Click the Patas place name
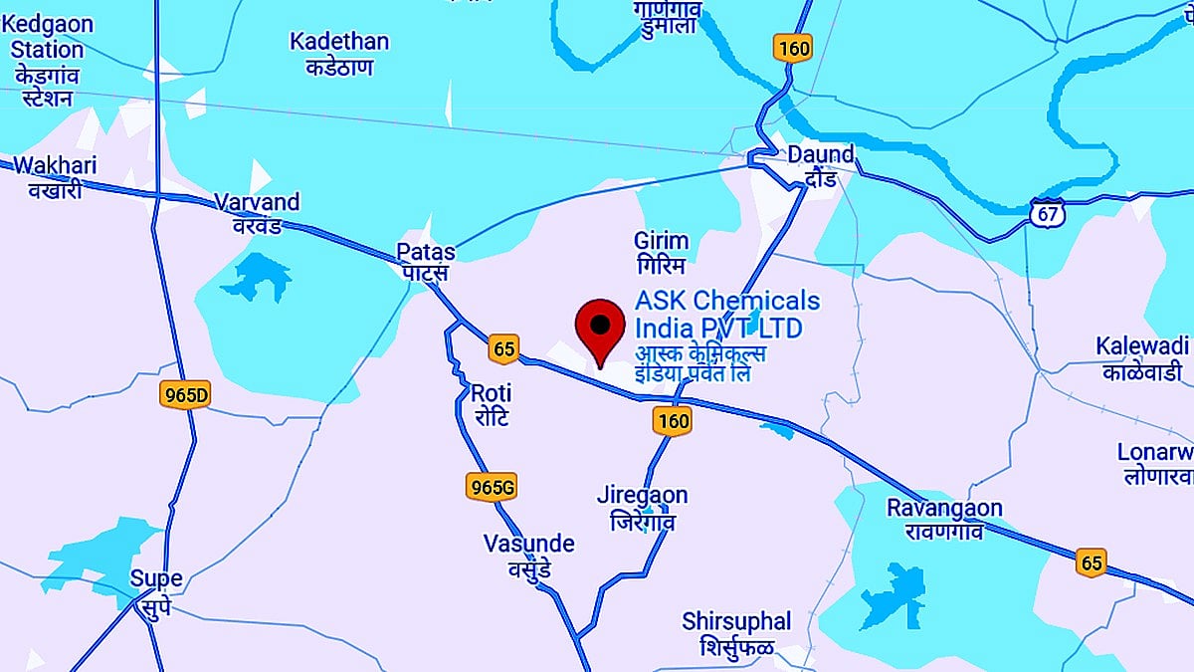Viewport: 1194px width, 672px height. point(425,261)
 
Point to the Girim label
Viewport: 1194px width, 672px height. point(661,253)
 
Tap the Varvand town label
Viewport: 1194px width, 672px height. point(257,213)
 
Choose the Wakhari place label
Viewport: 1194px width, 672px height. point(56,175)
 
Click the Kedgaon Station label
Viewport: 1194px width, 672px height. point(48,61)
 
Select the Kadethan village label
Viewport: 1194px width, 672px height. point(339,54)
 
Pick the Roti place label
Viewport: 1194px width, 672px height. point(491,403)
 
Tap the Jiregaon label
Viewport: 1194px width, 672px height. point(642,507)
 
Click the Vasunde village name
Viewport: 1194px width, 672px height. point(528,556)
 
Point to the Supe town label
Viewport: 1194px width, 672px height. point(156,590)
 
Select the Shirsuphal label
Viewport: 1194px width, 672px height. point(736,633)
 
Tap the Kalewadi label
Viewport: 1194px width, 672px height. point(1142,358)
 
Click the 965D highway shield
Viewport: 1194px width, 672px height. point(185,395)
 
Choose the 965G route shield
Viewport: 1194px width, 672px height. point(491,486)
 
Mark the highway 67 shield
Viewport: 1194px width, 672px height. point(1047,212)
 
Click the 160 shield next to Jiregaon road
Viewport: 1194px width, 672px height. point(673,421)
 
